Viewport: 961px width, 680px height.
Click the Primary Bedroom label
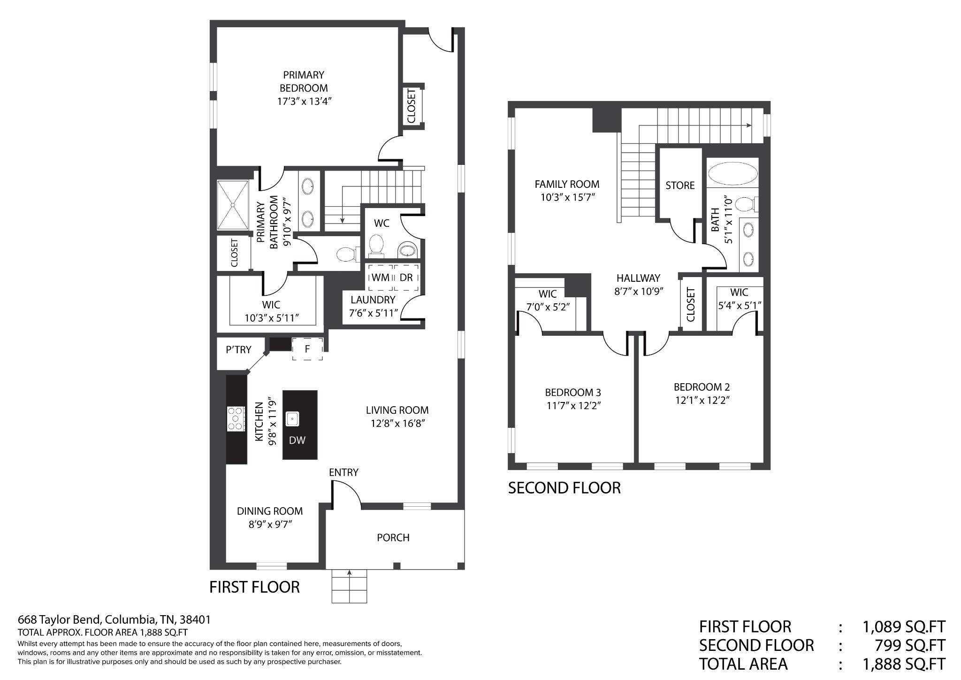coord(304,81)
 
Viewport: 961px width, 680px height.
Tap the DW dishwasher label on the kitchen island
coord(297,440)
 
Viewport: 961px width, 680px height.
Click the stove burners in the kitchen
coord(236,418)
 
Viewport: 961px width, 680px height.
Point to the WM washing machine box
coord(380,278)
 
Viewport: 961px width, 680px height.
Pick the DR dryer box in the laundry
coord(406,278)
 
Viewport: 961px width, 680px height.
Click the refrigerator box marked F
coord(307,349)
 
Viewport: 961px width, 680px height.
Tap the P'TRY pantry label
coord(238,350)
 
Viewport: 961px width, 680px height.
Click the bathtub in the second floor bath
coord(732,174)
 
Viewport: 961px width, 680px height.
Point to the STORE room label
coord(680,185)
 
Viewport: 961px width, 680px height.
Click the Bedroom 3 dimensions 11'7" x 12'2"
coord(572,405)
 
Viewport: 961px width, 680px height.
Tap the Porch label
coord(393,537)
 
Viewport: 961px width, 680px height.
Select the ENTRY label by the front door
coord(343,472)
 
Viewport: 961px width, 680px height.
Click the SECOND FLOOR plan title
coord(564,488)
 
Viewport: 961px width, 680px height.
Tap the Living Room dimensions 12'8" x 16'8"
coord(398,424)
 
